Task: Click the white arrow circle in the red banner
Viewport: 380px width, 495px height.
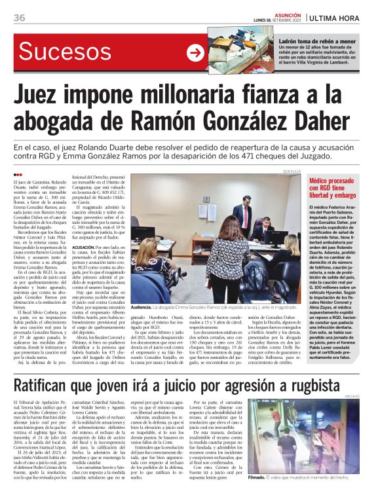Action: click(x=195, y=53)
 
